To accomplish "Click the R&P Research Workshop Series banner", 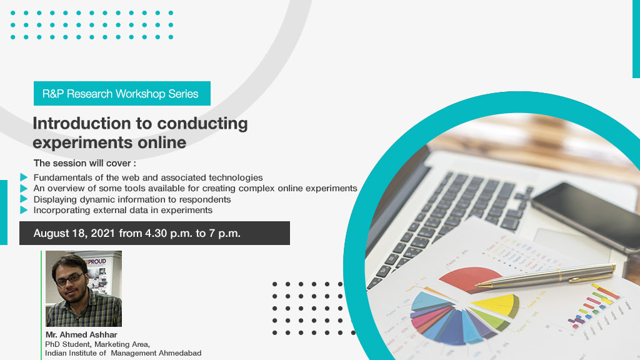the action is pyautogui.click(x=122, y=94).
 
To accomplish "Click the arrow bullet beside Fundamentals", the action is pyautogui.click(x=24, y=177).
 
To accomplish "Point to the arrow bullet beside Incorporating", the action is pyautogui.click(x=24, y=210).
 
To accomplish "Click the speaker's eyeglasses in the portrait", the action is pyautogui.click(x=70, y=280).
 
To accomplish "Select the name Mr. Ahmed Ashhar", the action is pyautogui.click(x=81, y=335).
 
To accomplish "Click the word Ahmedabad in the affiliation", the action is pyautogui.click(x=180, y=353).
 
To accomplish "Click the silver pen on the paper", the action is pyautogui.click(x=545, y=276).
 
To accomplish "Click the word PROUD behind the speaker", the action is pyautogui.click(x=96, y=262).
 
